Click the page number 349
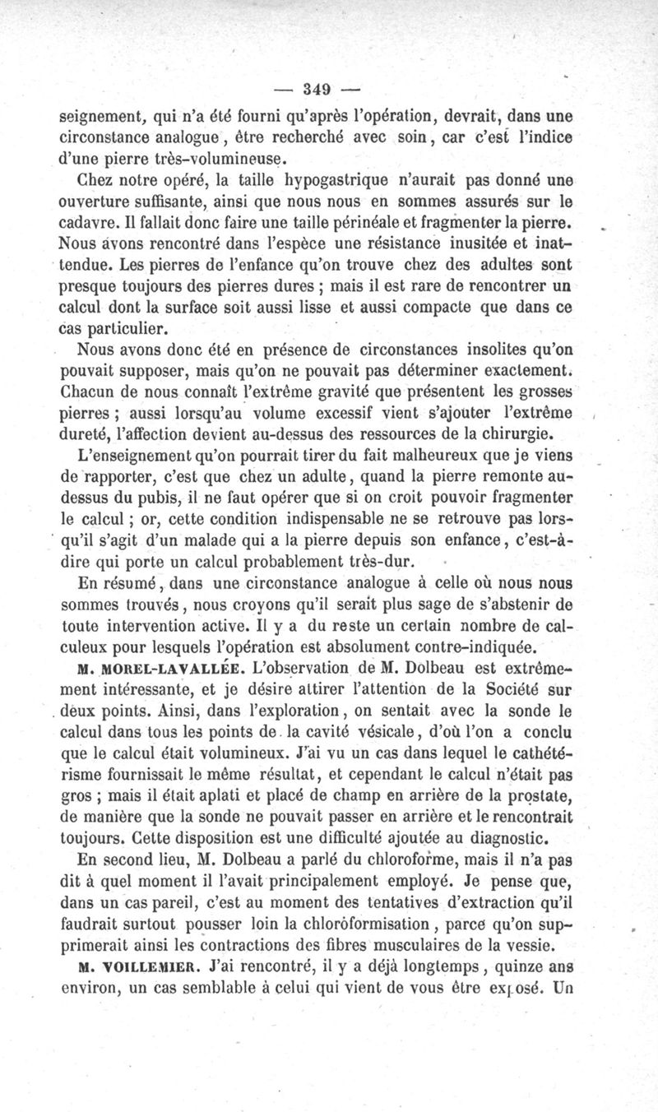coord(316,88)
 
